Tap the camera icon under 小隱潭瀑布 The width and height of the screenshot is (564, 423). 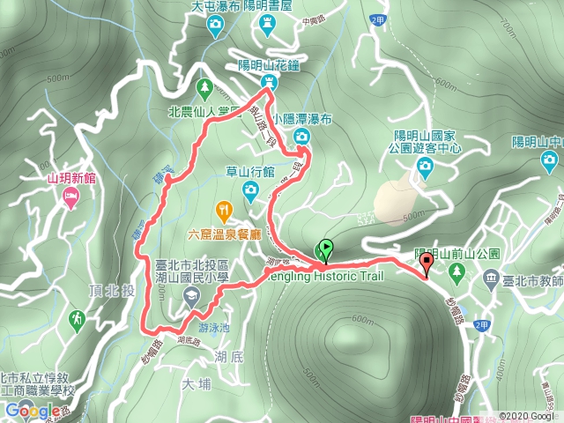point(301,136)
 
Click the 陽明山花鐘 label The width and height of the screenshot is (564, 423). point(270,65)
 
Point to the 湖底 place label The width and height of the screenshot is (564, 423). point(228,356)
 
